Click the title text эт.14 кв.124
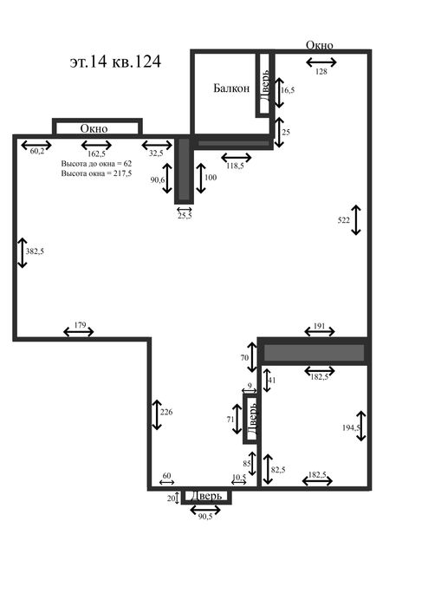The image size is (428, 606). point(115,62)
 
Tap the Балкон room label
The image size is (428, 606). point(231,88)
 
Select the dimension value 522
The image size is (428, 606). point(343,220)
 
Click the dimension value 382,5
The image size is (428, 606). point(35,251)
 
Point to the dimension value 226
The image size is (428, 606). point(166,412)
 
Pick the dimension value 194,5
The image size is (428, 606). point(351,427)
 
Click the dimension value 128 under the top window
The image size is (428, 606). point(321,71)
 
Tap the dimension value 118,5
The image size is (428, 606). point(235,166)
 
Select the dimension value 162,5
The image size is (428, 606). point(96,153)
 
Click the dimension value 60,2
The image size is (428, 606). point(36,151)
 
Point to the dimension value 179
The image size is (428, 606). point(80,325)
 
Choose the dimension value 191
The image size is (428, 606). point(319,326)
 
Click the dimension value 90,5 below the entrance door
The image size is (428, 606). point(205,517)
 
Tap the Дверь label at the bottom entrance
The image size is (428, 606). point(207,496)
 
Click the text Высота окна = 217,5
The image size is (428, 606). point(96,173)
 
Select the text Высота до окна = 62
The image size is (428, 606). point(96,164)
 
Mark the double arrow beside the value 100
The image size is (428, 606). point(200,179)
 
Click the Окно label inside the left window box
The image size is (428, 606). point(94,128)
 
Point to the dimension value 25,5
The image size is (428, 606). point(185,216)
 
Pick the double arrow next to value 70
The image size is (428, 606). point(252,357)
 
